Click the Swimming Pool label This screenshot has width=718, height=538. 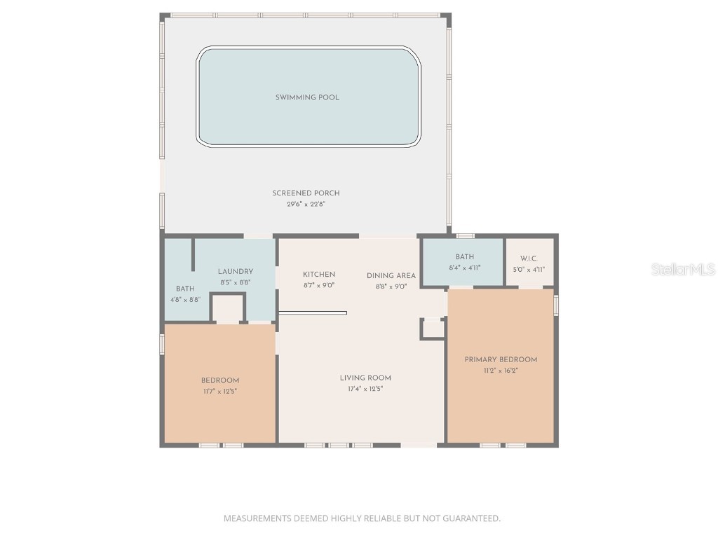click(x=307, y=97)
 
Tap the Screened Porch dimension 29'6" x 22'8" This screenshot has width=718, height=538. click(x=306, y=205)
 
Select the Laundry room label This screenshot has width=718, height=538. click(x=235, y=272)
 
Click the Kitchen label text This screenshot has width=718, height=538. click(x=319, y=275)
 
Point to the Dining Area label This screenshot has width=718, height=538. click(x=391, y=275)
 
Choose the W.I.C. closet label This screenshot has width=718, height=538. click(x=529, y=258)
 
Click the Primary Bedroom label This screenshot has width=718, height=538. click(x=501, y=359)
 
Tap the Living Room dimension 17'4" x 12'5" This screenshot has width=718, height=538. click(x=365, y=389)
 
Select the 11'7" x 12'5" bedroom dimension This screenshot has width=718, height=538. click(x=219, y=392)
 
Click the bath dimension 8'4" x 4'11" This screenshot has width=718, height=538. click(x=464, y=268)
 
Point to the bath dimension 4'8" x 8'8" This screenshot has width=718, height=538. click(x=185, y=299)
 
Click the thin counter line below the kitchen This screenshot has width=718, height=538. click(x=313, y=312)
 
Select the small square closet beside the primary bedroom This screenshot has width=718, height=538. click(x=433, y=329)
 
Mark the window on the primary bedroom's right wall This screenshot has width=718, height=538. click(x=556, y=305)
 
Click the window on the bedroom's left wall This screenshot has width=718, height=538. click(x=162, y=343)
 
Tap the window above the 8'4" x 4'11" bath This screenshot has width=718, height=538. click(x=465, y=235)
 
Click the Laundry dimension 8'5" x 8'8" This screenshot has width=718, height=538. click(x=235, y=283)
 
